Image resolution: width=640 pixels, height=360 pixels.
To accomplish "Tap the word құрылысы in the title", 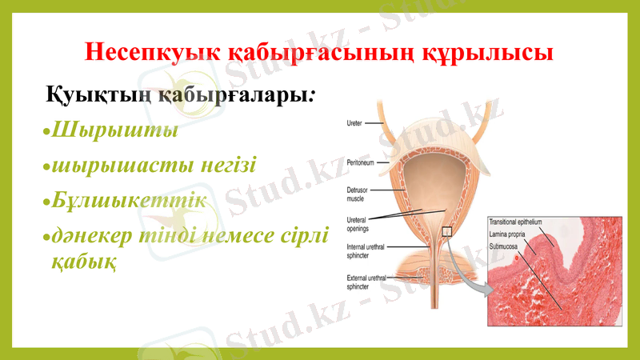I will [500, 54].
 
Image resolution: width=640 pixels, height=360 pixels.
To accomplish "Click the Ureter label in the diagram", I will [354, 123].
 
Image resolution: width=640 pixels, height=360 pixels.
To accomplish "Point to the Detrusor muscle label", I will [358, 194].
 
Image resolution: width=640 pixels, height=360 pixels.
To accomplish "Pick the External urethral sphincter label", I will [367, 282].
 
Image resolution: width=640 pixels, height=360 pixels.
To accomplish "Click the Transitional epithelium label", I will [516, 222].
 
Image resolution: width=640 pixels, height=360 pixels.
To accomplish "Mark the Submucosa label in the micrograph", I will [505, 248].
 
